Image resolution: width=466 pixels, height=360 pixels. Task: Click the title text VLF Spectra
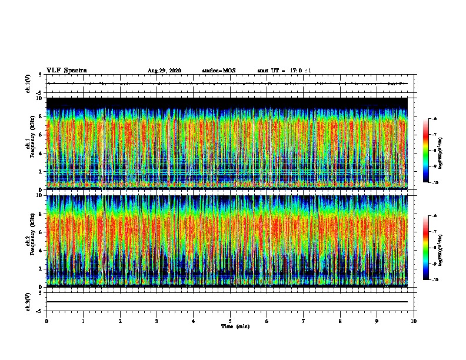point(66,71)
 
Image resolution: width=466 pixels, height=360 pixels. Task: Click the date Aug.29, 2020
point(164,71)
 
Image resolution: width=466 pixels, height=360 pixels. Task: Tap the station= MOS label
point(218,71)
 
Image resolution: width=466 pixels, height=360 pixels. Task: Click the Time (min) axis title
point(235,326)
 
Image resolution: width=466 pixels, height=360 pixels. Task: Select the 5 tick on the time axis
point(230,321)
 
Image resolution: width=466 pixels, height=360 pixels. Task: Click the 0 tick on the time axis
point(46,321)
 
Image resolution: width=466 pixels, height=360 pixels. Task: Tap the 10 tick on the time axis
point(414,321)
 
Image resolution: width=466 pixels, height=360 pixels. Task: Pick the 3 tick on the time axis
point(157,321)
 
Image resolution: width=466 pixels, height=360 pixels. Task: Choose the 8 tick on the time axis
point(340,321)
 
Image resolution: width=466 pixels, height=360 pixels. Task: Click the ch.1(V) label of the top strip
point(28,84)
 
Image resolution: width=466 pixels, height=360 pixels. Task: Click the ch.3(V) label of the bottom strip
point(28,301)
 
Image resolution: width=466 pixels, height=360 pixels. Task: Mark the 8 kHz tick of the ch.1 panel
point(40,117)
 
